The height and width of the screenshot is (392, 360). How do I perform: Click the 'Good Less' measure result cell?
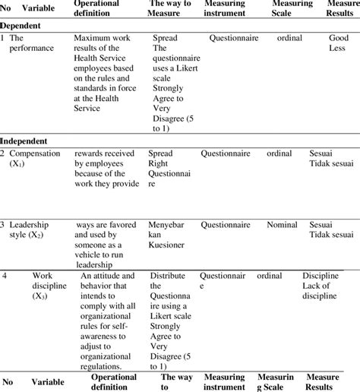[x=337, y=42]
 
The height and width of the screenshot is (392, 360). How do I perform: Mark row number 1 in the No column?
[x=4, y=36]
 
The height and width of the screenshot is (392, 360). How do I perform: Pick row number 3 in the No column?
[x=4, y=225]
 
